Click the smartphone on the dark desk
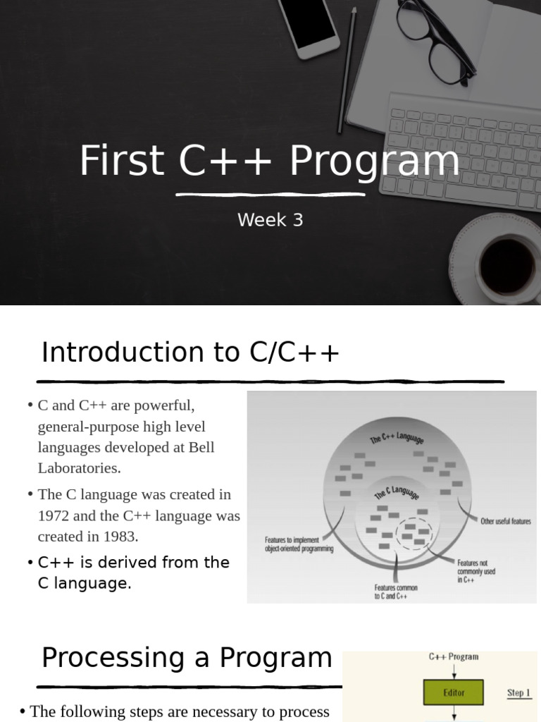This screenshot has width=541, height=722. (309, 25)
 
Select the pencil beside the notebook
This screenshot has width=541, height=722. (347, 71)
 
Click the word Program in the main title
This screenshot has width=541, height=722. (375, 161)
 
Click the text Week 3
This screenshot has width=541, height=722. (270, 220)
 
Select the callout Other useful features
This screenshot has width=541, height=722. (505, 522)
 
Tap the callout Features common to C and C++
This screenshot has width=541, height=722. (396, 592)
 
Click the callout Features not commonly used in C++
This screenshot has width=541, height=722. (476, 571)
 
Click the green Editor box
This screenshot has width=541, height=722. (454, 692)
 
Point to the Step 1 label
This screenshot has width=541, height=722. (518, 692)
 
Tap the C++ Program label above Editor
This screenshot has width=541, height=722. (454, 656)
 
